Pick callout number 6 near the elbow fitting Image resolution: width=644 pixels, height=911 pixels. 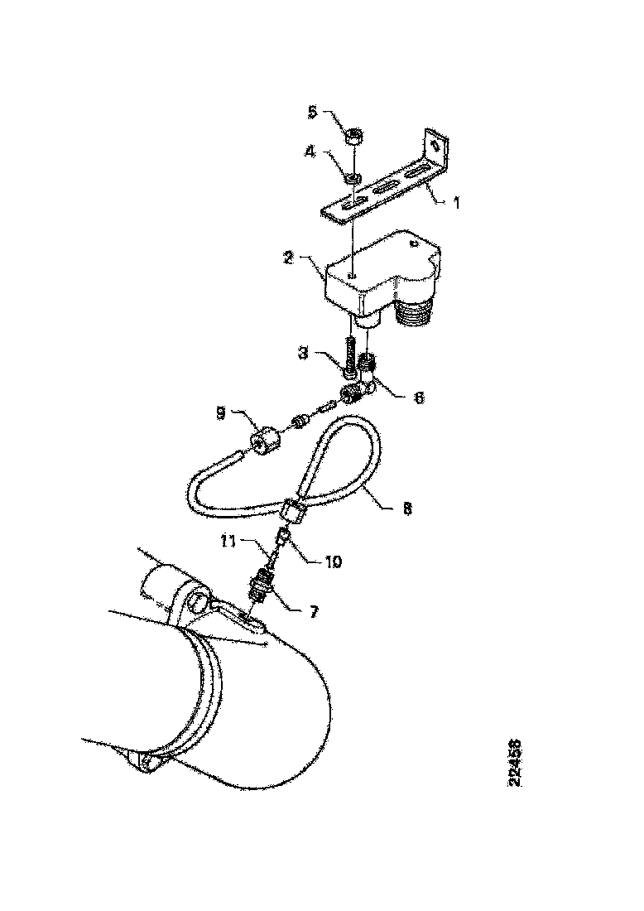420,398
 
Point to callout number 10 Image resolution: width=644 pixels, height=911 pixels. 333,562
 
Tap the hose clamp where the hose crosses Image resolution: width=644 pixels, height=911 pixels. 296,512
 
